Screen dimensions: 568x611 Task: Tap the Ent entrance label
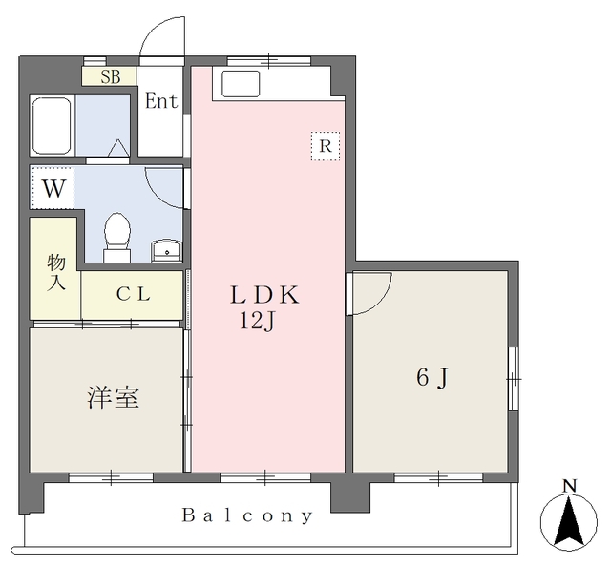pos(161,101)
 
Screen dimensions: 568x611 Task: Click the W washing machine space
pos(54,188)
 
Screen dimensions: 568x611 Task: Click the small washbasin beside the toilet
pos(166,250)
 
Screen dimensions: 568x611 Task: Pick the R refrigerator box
pos(326,146)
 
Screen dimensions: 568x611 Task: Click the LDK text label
pos(264,296)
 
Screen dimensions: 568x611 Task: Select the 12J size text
pos(257,321)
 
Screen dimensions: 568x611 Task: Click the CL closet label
pos(133,295)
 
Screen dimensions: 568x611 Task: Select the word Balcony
pos(247,516)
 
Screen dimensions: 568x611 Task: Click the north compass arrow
pos(569,522)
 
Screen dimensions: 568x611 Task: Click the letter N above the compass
pos(569,486)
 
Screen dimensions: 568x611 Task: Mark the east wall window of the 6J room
pos(514,377)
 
